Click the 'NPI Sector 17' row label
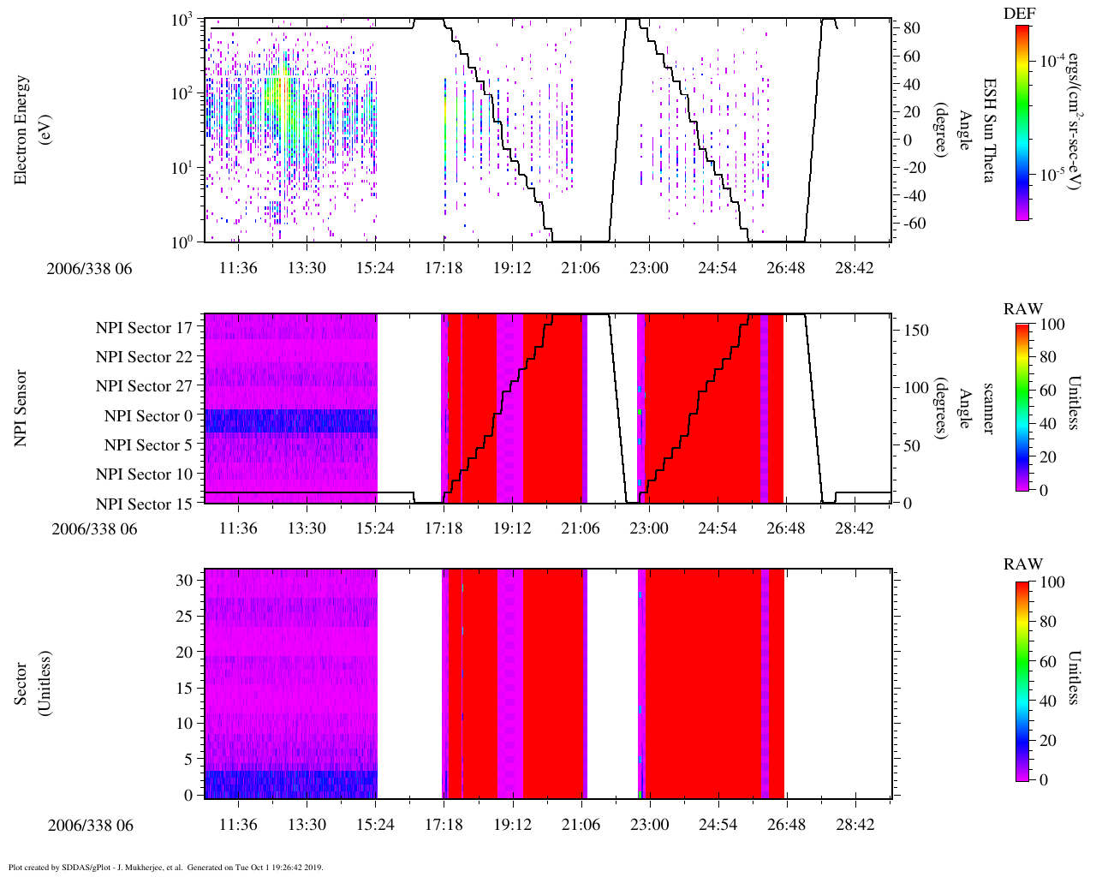point(144,327)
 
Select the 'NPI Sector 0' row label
point(148,415)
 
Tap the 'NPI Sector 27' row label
point(144,386)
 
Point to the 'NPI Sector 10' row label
point(144,474)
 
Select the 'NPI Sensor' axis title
point(21,408)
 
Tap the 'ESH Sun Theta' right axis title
point(989,130)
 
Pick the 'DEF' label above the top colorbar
point(1020,14)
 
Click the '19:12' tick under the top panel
point(512,268)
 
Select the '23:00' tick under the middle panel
point(649,528)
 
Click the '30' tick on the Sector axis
point(185,580)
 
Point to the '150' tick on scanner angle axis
point(916,331)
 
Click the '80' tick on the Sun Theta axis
point(911,28)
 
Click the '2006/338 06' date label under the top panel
point(90,269)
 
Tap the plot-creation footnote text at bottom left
point(165,867)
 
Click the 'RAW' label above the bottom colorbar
point(1023,564)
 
